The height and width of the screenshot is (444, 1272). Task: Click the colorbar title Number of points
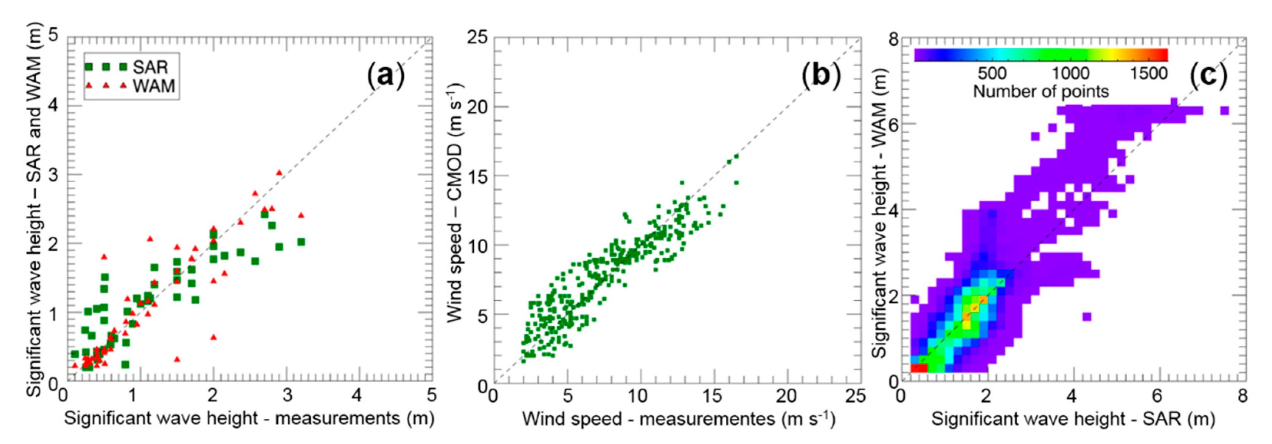click(1041, 92)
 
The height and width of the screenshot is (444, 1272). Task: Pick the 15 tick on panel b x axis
click(713, 396)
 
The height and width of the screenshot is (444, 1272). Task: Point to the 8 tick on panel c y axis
click(893, 39)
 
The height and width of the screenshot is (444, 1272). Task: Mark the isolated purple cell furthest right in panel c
click(1224, 111)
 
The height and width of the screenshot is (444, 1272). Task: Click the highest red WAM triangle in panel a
click(279, 173)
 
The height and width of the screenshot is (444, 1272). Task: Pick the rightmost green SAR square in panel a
click(301, 242)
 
